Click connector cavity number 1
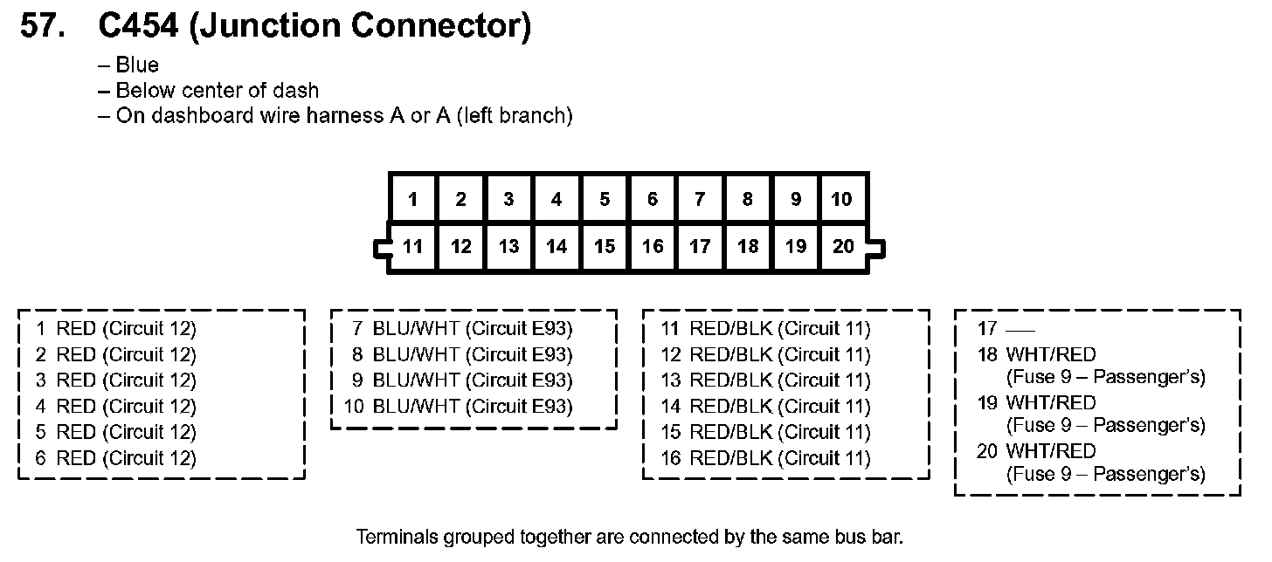412,200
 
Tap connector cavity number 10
841,200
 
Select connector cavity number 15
605,247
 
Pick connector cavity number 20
843,247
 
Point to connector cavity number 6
652,200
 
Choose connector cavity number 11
412,247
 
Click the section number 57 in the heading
42,27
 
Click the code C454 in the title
138,27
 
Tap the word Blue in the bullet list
137,65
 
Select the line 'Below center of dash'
217,90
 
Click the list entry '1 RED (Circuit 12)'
115,329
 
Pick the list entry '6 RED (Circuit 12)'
115,458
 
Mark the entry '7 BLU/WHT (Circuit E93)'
462,329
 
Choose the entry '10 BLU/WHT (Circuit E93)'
459,407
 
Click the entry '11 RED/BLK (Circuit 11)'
765,329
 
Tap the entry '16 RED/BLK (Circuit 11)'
765,458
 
